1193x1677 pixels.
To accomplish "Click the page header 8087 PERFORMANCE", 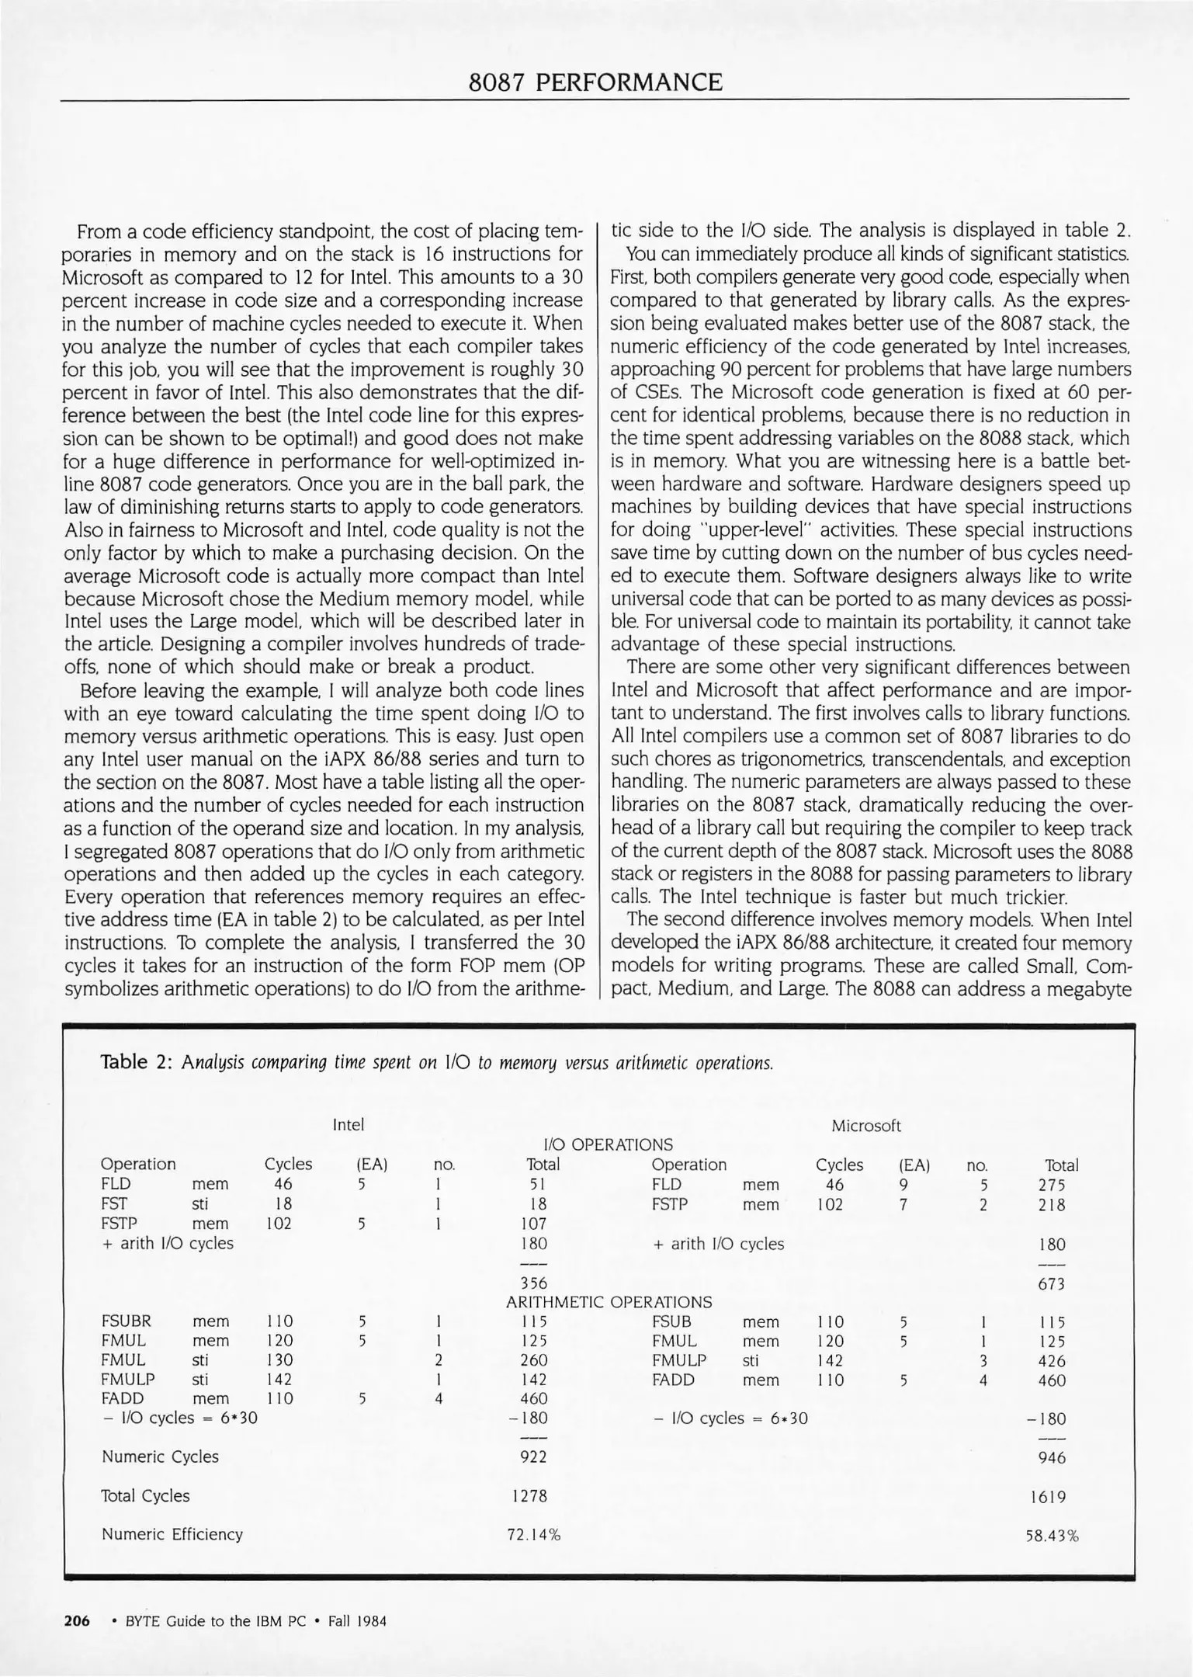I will (x=595, y=82).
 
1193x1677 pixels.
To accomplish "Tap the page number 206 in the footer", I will (x=77, y=1621).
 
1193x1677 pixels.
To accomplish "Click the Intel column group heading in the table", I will (x=348, y=1125).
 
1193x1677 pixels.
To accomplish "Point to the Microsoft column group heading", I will (x=865, y=1126).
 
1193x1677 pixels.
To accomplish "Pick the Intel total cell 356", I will (x=533, y=1283).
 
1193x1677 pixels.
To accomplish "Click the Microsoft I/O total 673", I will (x=1051, y=1284).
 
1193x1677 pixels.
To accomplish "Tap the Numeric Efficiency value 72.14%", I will (x=533, y=1535).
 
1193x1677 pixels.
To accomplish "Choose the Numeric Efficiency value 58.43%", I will (x=1052, y=1536).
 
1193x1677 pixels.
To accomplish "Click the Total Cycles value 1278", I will (x=530, y=1496).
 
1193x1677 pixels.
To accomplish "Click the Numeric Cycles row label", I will (x=160, y=1457).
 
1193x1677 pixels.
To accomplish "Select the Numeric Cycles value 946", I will (x=1052, y=1458).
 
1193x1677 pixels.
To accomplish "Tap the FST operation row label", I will (x=113, y=1204).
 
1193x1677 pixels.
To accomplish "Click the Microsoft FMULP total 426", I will (x=1052, y=1361).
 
